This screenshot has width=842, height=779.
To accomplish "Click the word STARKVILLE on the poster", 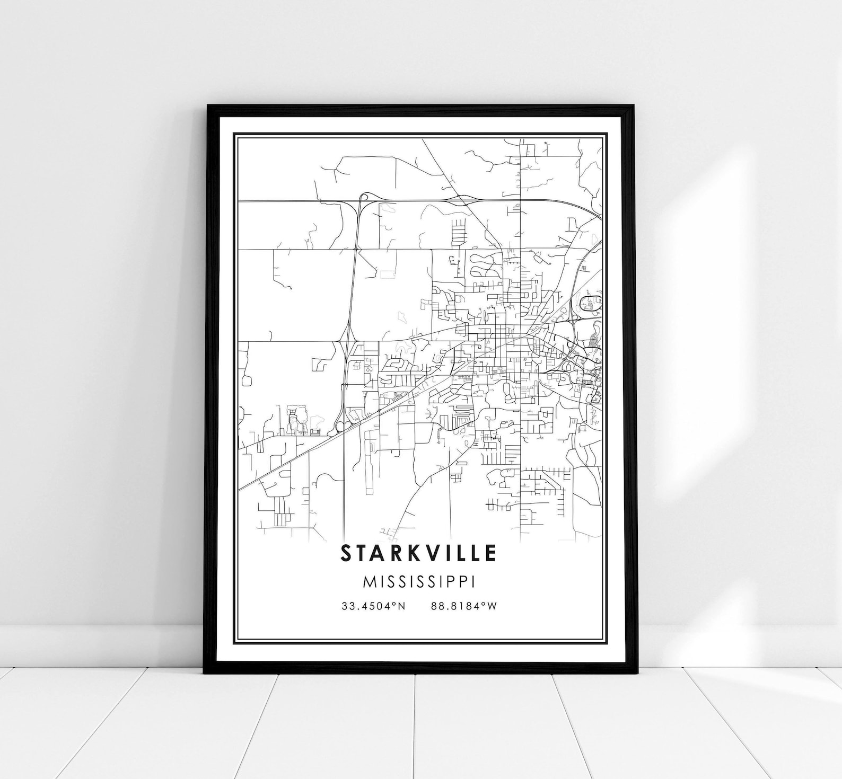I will pyautogui.click(x=418, y=553).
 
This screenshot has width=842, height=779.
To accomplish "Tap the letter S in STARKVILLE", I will pyautogui.click(x=346, y=553).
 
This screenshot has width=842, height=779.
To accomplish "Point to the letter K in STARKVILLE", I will pyautogui.click(x=408, y=553).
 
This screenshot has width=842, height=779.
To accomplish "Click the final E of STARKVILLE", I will pyautogui.click(x=490, y=553).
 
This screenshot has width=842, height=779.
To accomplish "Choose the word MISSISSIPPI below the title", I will pyautogui.click(x=419, y=581).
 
